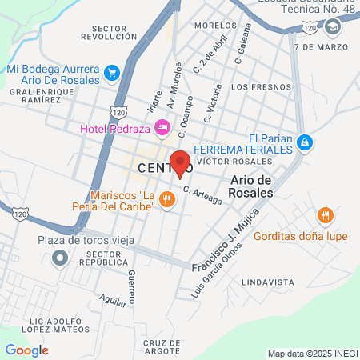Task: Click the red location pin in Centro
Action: [180, 163]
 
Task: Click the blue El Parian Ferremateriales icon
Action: [303, 142]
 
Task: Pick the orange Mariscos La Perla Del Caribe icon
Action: [167, 200]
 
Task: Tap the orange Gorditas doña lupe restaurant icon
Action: [324, 215]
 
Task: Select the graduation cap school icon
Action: [332, 26]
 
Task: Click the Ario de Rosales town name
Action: [251, 187]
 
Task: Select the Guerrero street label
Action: [131, 288]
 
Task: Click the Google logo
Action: [26, 350]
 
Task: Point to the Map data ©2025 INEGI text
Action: [312, 354]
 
